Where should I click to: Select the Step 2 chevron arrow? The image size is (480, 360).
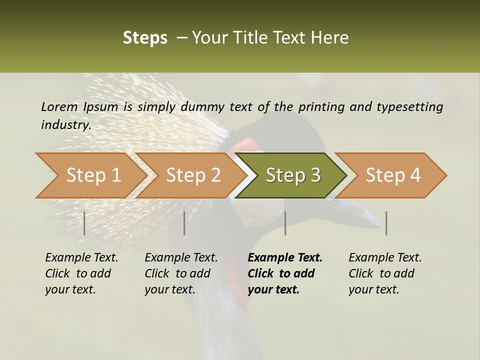(x=193, y=175)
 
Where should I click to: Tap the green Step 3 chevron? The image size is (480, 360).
(x=293, y=175)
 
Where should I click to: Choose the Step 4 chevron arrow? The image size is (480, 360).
(x=393, y=175)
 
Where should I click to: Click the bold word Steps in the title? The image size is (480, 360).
(x=145, y=38)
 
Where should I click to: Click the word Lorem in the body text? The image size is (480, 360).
(x=59, y=106)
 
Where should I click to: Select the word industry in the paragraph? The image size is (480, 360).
(x=65, y=124)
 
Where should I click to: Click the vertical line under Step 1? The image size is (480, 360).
(x=84, y=223)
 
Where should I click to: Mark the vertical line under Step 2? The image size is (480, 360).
(x=184, y=223)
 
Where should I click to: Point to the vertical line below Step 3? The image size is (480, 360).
(x=285, y=223)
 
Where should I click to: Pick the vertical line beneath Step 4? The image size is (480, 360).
(x=386, y=223)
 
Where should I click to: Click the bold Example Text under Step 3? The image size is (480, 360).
(x=285, y=257)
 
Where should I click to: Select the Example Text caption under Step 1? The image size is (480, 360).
(x=81, y=257)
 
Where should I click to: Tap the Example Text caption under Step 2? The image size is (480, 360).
(x=181, y=257)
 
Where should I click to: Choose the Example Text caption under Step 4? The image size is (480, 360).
(x=385, y=257)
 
